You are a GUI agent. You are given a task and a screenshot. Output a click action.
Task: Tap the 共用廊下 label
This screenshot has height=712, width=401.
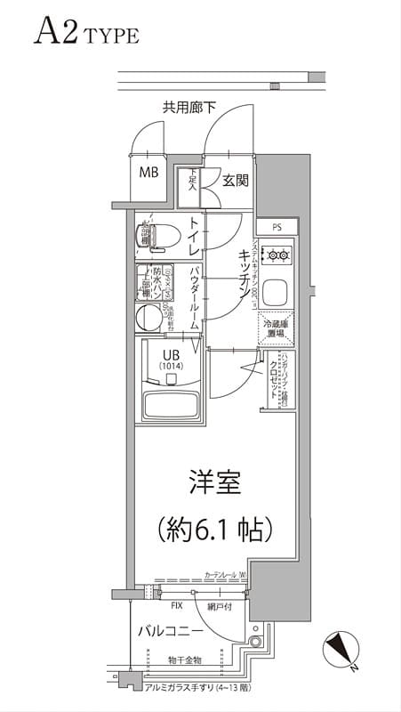point(189,108)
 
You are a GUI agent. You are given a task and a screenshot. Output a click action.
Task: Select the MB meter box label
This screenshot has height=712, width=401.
point(148,172)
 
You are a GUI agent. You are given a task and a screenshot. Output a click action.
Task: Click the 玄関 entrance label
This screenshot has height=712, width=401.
point(235,180)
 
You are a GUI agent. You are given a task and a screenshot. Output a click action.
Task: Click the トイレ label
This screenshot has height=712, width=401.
point(194,236)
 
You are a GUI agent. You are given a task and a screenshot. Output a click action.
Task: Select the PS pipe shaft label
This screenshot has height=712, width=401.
point(277,228)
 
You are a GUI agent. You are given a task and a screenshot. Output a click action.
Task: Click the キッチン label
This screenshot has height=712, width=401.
point(242,271)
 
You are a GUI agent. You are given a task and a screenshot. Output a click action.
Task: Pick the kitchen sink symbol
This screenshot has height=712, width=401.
point(277,292)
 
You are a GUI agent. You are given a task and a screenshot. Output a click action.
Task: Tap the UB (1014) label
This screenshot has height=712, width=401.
point(170,359)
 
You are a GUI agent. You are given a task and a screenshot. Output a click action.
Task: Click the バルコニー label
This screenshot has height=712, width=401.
point(171,630)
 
